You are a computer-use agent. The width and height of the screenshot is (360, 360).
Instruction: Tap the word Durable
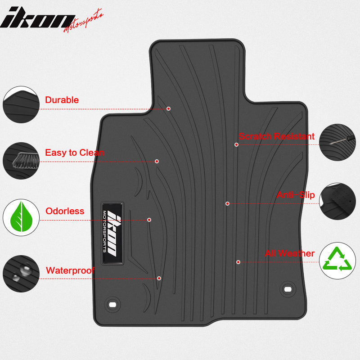62,100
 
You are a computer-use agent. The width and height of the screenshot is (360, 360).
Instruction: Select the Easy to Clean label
74,153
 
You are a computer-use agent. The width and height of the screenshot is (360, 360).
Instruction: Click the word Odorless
65,211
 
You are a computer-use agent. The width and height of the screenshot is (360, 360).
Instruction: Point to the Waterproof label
70,270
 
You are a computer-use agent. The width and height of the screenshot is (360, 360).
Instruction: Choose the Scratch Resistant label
276,136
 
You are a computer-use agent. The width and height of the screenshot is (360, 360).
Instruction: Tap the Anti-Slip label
296,195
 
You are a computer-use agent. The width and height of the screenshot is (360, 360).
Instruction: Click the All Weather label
289,253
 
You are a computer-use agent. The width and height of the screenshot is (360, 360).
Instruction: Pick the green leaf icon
21,217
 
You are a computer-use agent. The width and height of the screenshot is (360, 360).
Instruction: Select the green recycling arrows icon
337,260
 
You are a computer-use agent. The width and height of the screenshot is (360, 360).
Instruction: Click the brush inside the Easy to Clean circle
25,161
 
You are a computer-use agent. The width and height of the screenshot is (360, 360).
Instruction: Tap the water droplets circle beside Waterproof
21,274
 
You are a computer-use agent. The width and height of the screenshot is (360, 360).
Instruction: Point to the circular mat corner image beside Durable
21,105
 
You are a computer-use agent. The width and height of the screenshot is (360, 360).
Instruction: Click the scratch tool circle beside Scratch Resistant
337,142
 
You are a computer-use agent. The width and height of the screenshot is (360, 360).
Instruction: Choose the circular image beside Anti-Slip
337,201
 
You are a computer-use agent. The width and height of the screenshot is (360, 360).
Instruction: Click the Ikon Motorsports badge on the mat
112,233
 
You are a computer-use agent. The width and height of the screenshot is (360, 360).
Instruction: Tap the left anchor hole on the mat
112,305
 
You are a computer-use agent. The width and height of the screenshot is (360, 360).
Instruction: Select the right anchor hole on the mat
288,289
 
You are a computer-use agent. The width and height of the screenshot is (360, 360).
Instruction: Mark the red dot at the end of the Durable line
168,108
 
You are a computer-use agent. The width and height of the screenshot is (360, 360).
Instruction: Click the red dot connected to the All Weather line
238,262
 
